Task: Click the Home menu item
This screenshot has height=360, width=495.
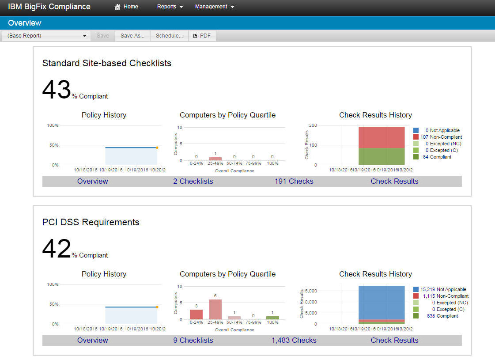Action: click(126, 7)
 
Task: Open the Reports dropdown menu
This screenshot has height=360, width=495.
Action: click(170, 7)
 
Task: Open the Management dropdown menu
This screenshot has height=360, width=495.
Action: click(214, 7)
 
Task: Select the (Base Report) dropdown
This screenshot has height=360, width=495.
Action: click(46, 36)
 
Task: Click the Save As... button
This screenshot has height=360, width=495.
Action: click(132, 36)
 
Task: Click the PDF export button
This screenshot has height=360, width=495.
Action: click(202, 36)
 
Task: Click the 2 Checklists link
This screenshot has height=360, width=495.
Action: click(193, 181)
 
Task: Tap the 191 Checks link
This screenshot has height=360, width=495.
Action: click(294, 181)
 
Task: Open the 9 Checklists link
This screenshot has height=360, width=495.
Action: click(193, 340)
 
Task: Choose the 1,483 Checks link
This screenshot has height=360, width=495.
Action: click(294, 340)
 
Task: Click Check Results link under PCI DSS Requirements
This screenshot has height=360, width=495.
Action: click(394, 340)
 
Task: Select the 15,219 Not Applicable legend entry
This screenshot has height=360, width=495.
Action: click(443, 289)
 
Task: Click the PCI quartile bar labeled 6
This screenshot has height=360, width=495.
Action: click(215, 309)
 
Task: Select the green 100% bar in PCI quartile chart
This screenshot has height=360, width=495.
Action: click(272, 318)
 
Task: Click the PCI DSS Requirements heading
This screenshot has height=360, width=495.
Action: click(91, 222)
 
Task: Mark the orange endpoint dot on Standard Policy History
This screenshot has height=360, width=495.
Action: click(157, 148)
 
